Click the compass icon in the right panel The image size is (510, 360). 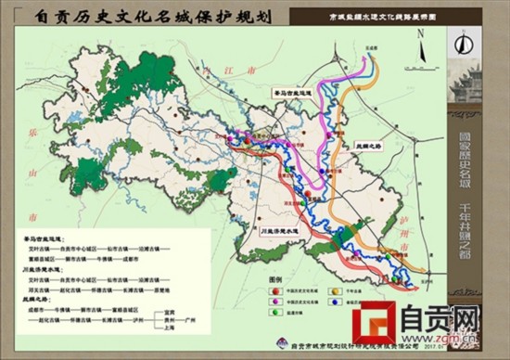click(465, 42)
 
